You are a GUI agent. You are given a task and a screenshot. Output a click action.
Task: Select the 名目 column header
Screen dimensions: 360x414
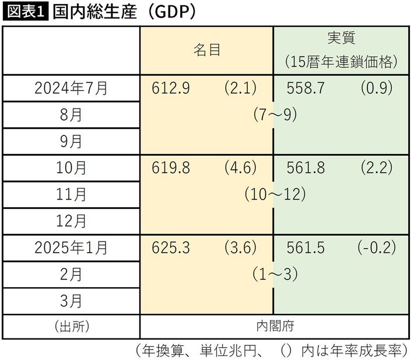207,50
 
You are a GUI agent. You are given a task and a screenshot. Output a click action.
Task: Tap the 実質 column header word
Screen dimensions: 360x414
342,39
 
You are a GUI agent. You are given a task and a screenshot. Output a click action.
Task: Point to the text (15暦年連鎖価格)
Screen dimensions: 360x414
342,61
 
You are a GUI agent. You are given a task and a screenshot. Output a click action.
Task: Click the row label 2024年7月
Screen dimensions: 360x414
71,88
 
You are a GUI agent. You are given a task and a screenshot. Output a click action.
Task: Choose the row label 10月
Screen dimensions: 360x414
71,168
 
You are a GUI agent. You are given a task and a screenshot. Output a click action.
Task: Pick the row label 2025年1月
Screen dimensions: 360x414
71,247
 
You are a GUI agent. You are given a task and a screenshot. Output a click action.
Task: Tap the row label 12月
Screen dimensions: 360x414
71,221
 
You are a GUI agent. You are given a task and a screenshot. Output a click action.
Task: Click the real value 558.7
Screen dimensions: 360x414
307,88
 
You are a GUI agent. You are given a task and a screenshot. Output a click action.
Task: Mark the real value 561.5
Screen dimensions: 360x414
307,247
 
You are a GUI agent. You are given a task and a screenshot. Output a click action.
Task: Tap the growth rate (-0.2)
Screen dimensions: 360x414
377,247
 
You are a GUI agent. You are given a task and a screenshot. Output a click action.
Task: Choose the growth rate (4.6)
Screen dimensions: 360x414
240,168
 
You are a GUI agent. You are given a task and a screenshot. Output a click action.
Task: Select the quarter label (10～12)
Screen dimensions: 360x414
275,194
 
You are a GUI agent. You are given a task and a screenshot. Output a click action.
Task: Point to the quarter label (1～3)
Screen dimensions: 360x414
275,274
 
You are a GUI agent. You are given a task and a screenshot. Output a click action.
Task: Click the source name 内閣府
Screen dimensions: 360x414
275,325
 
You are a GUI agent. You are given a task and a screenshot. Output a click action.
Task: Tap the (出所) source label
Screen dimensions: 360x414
71,325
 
